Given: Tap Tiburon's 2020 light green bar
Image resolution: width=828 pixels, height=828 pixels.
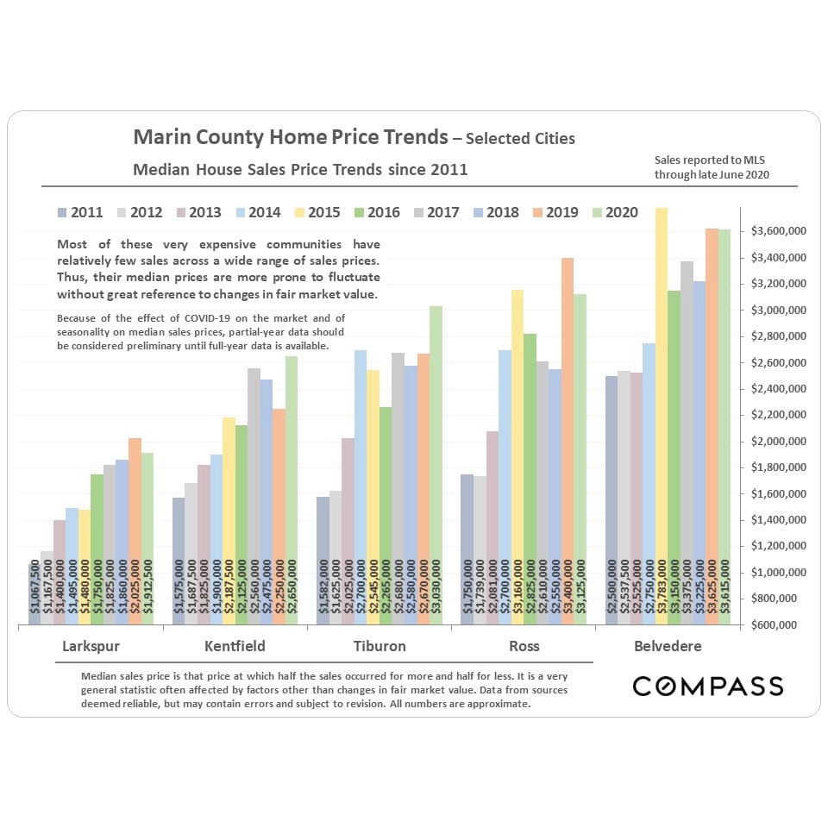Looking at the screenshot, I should tap(436, 466).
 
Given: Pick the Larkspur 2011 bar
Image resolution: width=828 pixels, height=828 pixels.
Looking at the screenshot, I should tap(34, 595).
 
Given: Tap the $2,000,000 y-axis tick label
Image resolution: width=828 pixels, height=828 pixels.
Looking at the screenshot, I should tap(778, 441).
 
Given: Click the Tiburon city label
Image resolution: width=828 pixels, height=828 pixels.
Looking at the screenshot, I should tap(379, 646).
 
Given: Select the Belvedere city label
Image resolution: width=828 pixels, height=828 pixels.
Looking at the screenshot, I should tap(668, 646).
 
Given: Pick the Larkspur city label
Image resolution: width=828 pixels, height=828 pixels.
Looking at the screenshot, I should tap(91, 646).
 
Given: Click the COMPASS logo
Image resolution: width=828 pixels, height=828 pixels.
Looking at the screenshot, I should tap(707, 687).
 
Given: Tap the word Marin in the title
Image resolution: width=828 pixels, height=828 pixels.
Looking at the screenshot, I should tap(160, 137).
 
